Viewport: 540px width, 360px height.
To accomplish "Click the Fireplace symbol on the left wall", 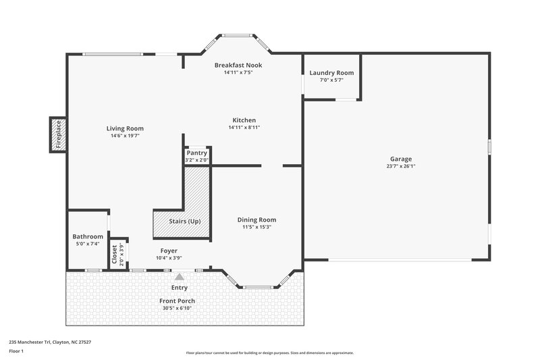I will (x=57, y=134).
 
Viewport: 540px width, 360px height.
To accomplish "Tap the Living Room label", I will (x=125, y=128).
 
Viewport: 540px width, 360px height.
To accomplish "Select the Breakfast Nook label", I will (x=238, y=65).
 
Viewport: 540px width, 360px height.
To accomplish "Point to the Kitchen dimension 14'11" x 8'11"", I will (x=244, y=127).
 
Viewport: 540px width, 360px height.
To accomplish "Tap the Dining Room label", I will (x=256, y=220).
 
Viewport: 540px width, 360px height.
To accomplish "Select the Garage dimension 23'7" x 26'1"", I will (x=400, y=166).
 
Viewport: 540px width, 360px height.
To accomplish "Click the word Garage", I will (x=400, y=159).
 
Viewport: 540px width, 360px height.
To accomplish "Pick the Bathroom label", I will (x=88, y=236).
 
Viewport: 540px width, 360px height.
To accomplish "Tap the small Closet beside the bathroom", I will (x=114, y=254).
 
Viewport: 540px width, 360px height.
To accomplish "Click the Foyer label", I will (x=168, y=251).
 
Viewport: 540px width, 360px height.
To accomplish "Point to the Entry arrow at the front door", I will (x=180, y=276).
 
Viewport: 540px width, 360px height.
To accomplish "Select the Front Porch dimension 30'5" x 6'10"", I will (x=178, y=308).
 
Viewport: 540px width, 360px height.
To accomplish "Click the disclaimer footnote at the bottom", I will (x=269, y=353).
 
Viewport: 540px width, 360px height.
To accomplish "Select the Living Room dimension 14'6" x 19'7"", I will (x=125, y=136).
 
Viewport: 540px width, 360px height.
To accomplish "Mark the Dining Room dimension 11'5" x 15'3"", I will (x=256, y=227).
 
